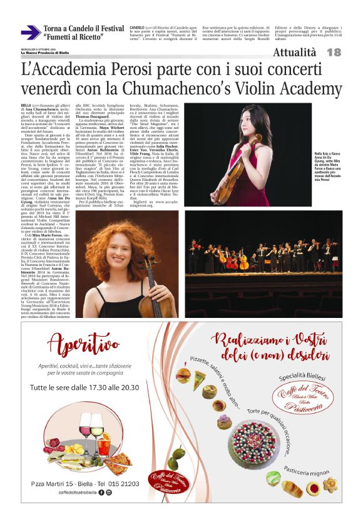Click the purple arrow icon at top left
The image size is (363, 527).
(x=31, y=33)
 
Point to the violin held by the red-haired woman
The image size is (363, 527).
(x=151, y=285)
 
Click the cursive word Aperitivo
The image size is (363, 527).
(x=85, y=345)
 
